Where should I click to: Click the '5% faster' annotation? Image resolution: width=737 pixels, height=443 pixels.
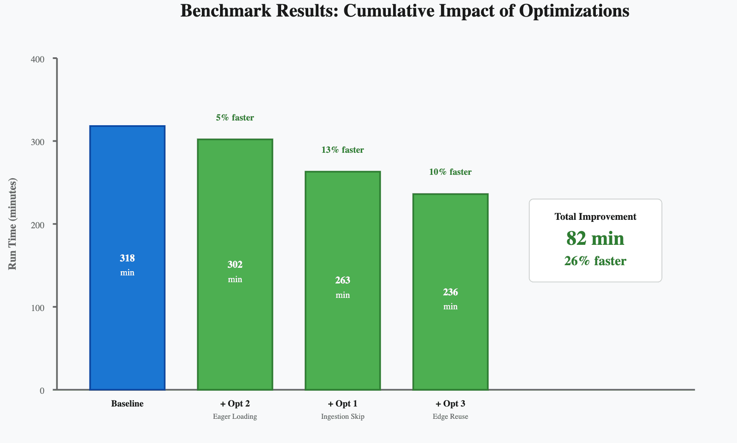[235, 118]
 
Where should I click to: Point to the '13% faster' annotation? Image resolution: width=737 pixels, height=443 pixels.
[343, 150]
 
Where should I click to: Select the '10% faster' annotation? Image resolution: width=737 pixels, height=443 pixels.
[450, 172]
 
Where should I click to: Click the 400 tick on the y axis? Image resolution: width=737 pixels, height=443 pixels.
[38, 59]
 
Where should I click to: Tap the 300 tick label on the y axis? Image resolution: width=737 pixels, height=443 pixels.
[38, 142]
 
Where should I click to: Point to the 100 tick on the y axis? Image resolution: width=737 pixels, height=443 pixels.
[38, 308]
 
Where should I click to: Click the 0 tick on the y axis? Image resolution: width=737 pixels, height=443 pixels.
[42, 391]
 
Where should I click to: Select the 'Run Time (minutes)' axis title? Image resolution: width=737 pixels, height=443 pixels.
[12, 224]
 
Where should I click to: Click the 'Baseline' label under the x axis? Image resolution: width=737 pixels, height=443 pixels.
[127, 404]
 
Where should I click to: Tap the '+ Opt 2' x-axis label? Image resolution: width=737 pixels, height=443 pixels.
[235, 404]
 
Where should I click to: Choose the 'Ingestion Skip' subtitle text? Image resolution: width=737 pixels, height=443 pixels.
[343, 416]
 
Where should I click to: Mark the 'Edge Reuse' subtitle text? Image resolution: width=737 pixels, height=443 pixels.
[450, 416]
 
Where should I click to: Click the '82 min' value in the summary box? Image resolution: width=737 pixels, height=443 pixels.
[595, 238]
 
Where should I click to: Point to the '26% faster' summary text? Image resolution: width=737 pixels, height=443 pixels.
[595, 261]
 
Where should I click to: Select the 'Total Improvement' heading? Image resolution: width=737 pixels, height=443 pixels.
[595, 216]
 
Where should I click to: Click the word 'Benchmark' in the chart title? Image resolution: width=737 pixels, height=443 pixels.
[226, 11]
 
